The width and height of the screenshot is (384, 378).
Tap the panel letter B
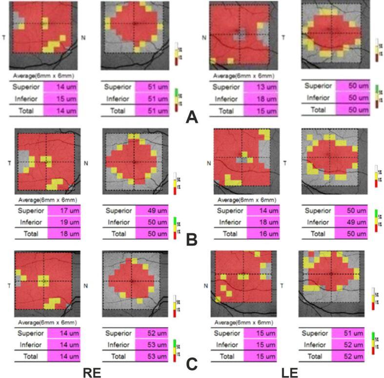click(192, 240)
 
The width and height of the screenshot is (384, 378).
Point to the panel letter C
click(192, 363)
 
